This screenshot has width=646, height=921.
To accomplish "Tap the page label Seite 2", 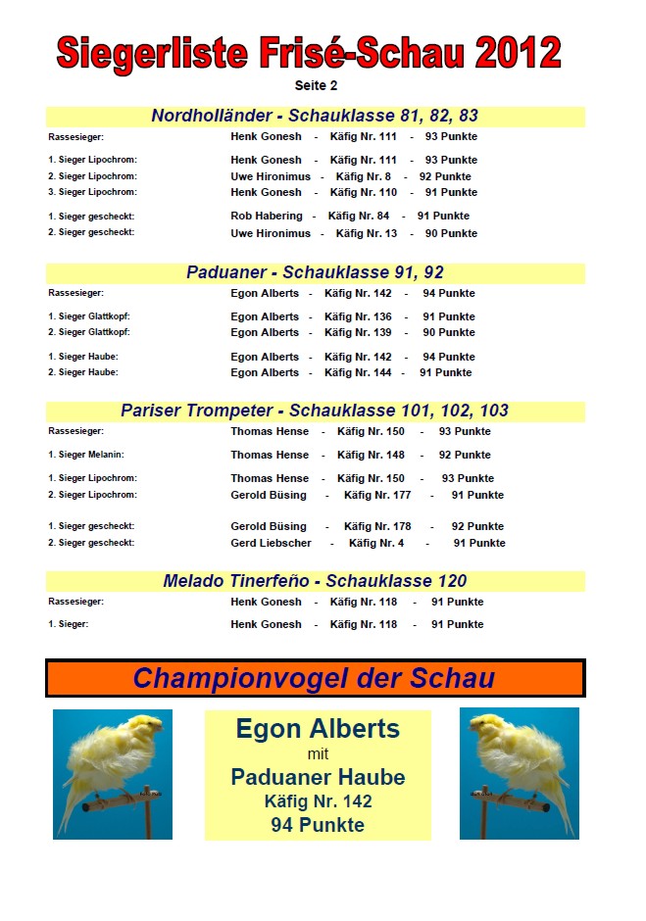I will pos(316,86).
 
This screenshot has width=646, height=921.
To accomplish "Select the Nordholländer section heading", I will pos(315,116).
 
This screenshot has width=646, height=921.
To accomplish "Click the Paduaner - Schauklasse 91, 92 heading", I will pos(315,272).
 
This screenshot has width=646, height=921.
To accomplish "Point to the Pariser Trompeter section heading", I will pos(315,411).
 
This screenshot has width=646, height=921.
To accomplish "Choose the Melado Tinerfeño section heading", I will pos(315,581).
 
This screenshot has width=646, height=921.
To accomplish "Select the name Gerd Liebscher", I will pos(271,543).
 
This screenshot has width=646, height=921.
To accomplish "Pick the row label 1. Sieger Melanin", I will pos(86,455).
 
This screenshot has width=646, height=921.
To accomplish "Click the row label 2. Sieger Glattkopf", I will pos(89,333).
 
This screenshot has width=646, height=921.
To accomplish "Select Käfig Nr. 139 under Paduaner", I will pos(358,333).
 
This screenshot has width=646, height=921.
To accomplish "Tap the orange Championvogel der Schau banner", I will pos(315,678).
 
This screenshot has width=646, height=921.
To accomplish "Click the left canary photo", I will pos(113,774).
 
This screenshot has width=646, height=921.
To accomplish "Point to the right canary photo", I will pos(520,774).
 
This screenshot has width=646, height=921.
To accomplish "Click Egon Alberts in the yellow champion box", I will pos(318,729).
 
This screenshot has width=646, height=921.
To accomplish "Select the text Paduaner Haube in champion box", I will pos(318,778).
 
